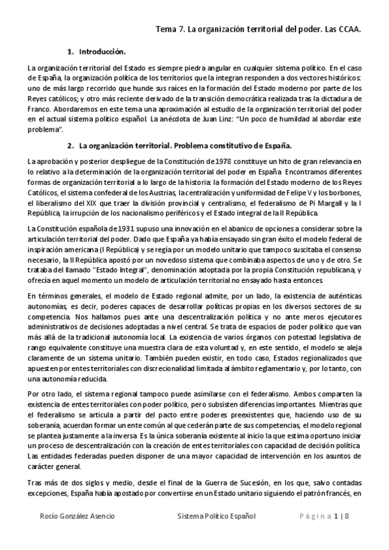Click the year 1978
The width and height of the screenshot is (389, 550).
tap(235, 160)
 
